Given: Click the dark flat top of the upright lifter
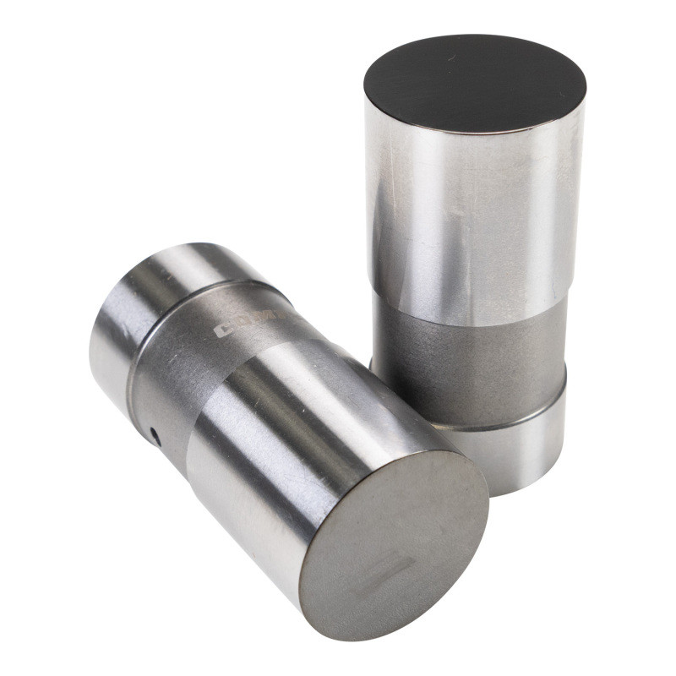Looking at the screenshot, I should pyautogui.click(x=475, y=83).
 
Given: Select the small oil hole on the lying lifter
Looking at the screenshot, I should pyautogui.click(x=155, y=433).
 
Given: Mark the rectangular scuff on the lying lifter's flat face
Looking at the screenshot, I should pyautogui.click(x=390, y=574).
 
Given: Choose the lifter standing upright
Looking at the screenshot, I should pyautogui.click(x=473, y=253).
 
